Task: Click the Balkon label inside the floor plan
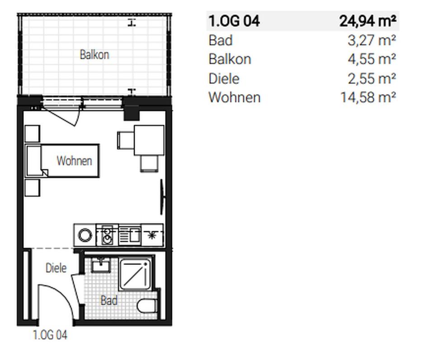click(94, 55)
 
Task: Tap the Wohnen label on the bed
click(74, 161)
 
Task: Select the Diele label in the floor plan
click(56, 268)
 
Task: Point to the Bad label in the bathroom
click(109, 300)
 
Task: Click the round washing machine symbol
click(85, 235)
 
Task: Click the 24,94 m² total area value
click(368, 21)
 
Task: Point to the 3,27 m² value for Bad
click(372, 40)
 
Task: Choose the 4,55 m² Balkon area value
click(372, 59)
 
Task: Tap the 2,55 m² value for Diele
click(372, 79)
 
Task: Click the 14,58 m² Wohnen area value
click(368, 98)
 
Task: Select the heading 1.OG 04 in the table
click(234, 21)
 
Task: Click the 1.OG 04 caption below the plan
click(50, 335)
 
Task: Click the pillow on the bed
click(33, 161)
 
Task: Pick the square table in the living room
click(149, 140)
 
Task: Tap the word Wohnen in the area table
click(234, 98)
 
